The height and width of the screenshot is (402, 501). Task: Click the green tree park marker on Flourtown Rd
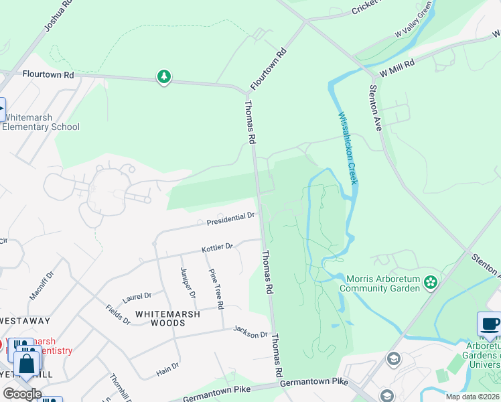(x=164, y=78)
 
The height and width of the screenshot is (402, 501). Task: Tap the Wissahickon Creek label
(x=348, y=148)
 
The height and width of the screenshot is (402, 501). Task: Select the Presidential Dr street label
(x=230, y=218)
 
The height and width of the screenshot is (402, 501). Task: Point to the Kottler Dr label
(x=217, y=249)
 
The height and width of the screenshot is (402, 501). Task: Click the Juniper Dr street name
(x=188, y=282)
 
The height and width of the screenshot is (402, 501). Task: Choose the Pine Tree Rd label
(x=215, y=288)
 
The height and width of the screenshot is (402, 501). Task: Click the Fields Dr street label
(x=118, y=314)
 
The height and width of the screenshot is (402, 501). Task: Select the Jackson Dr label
(x=250, y=331)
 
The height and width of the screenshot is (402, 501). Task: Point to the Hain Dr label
(x=167, y=366)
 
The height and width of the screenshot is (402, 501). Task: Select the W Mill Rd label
(x=397, y=66)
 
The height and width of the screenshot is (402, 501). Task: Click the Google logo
(x=22, y=393)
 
